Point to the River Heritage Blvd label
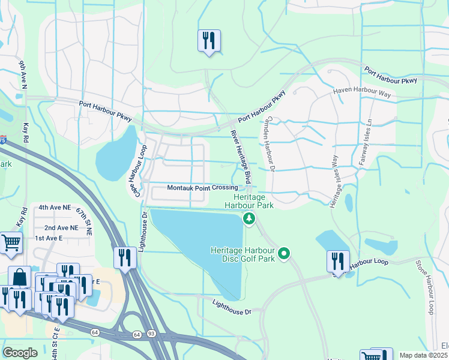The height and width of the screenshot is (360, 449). click(240, 157)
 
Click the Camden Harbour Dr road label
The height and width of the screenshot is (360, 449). click(270, 145)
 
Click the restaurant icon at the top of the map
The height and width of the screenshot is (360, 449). click(209, 41)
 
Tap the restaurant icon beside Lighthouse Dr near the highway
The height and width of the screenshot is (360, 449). click(125, 258)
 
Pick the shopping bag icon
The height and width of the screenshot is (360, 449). click(19, 277)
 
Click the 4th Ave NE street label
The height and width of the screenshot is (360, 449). click(53, 208)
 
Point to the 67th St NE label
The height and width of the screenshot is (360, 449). click(83, 221)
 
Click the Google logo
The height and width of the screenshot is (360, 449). click(20, 353)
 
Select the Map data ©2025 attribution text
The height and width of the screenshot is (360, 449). click(423, 355)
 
